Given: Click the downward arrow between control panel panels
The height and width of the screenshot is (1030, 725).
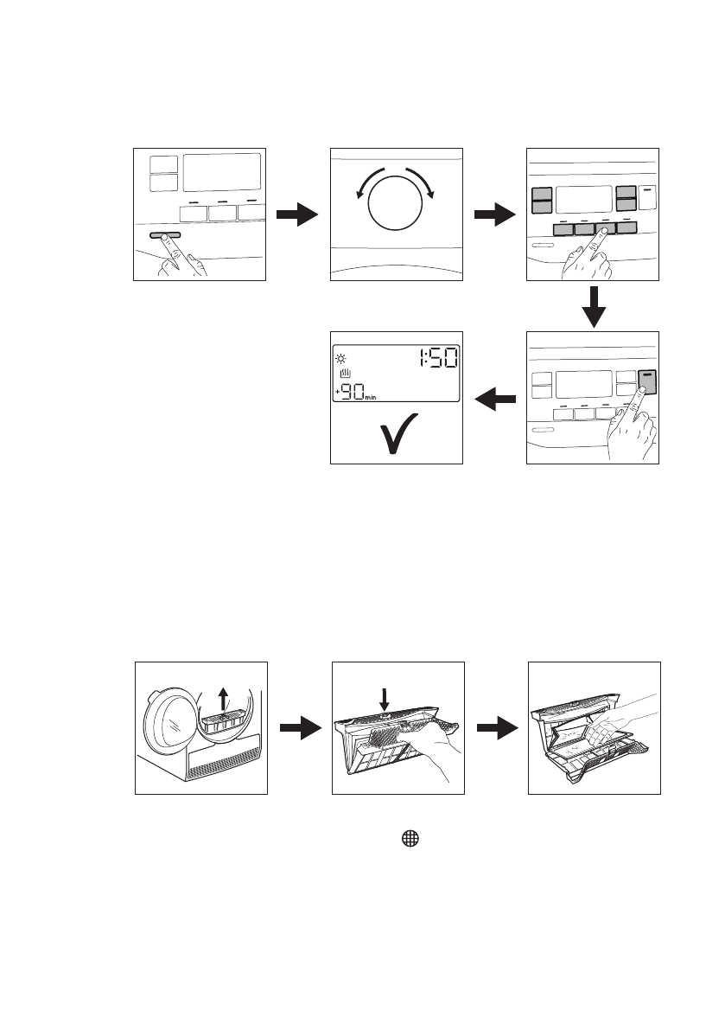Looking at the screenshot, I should [x=594, y=306].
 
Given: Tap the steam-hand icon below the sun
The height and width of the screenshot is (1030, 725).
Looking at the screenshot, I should [x=345, y=374].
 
